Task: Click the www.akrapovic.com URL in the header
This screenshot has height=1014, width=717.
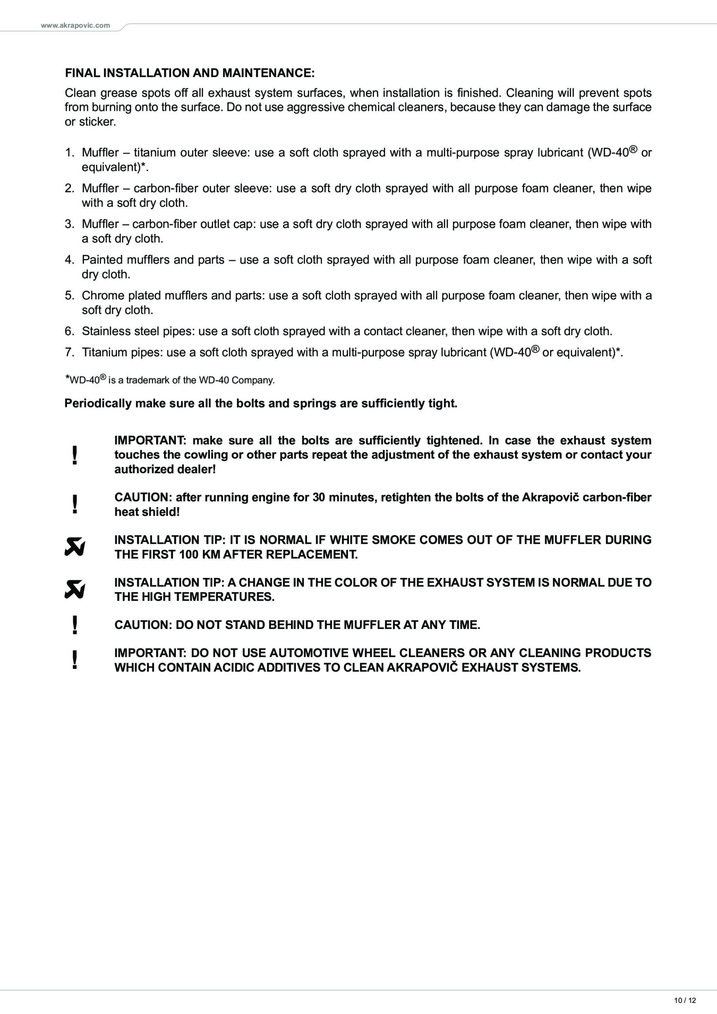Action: [x=75, y=26]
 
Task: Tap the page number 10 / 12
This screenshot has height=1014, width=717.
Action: [x=685, y=1000]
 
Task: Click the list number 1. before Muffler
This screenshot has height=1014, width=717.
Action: [x=70, y=153]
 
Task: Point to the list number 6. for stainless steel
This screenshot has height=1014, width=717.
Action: [x=70, y=331]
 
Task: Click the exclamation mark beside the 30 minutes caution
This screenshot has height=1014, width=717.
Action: [x=74, y=504]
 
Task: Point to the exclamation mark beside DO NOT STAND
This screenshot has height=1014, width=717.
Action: [x=74, y=625]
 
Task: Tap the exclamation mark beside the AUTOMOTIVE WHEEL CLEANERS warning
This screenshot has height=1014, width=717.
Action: [x=74, y=660]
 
